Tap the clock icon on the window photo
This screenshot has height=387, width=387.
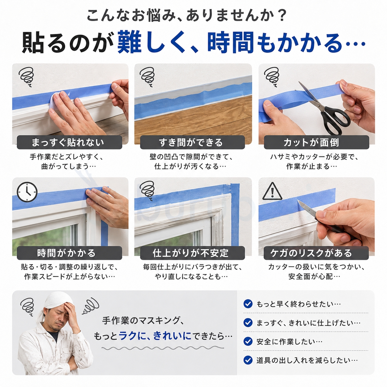(x=27, y=192)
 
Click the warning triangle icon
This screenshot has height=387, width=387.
(x=272, y=191)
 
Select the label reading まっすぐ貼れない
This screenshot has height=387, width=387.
(x=69, y=142)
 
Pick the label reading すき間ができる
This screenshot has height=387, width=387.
(x=192, y=142)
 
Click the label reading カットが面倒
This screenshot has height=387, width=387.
(x=316, y=142)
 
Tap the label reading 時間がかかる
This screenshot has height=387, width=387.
(x=69, y=253)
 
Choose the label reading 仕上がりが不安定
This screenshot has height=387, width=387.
(x=192, y=253)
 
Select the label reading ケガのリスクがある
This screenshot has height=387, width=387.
(x=316, y=253)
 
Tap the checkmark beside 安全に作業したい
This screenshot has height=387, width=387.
(x=248, y=342)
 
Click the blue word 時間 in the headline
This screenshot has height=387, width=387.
(x=231, y=43)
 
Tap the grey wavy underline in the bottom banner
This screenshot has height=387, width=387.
(x=163, y=348)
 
